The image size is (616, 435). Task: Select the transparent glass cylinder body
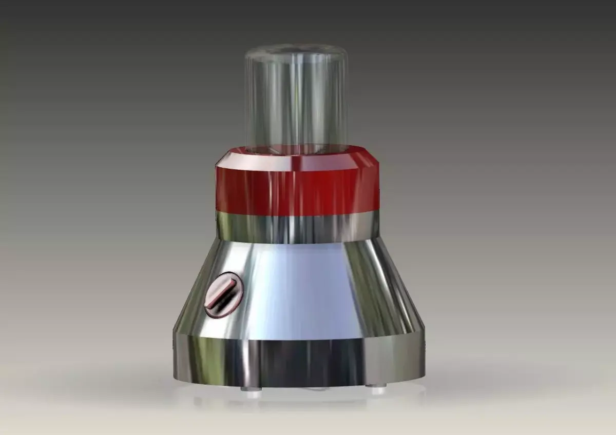296,103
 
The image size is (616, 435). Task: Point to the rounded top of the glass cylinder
296,51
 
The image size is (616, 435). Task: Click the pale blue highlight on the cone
303,292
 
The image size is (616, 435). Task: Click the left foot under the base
251,389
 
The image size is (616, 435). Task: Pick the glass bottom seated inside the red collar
296,149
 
